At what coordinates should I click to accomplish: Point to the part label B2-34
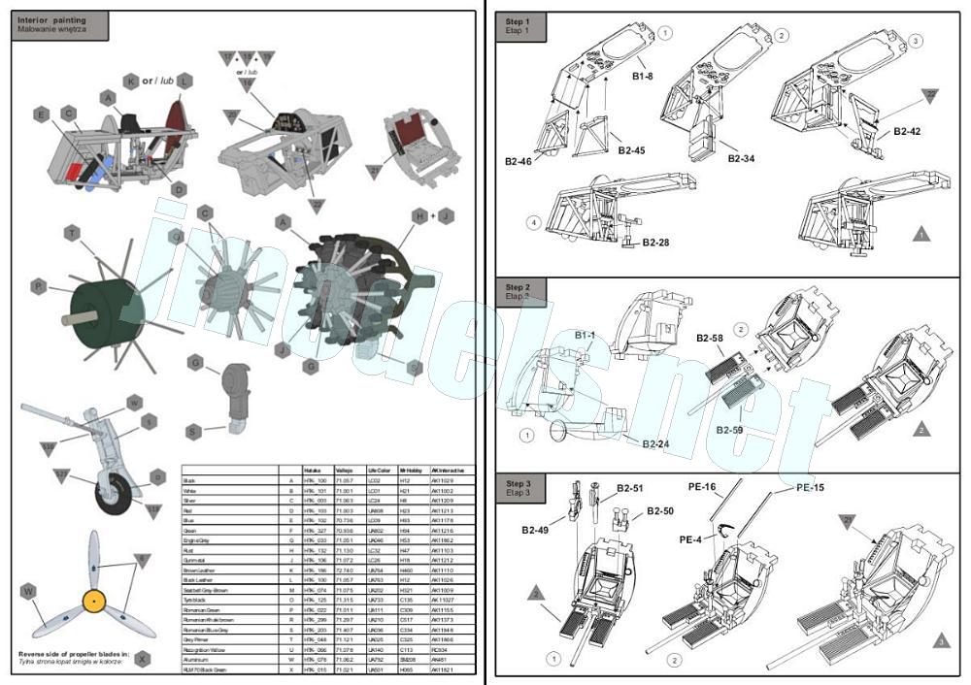coord(740,158)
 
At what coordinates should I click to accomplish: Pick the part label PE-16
coord(697,486)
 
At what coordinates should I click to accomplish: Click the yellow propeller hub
coord(93,602)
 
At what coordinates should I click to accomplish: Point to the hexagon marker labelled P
coord(38,287)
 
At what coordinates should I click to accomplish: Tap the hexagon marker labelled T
coord(71,234)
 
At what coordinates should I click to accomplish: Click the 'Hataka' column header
coord(312,470)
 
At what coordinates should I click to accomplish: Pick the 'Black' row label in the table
coord(189,480)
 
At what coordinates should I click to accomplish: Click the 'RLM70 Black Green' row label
coord(205,669)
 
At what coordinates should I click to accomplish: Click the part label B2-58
coord(710,339)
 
